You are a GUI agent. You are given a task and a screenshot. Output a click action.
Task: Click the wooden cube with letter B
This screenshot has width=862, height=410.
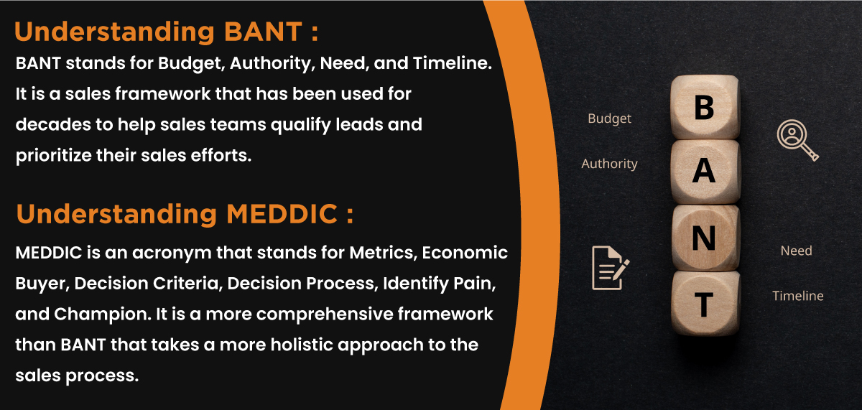pyautogui.click(x=704, y=108)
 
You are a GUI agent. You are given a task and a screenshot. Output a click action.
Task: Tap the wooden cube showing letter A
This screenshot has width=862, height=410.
pyautogui.click(x=704, y=172)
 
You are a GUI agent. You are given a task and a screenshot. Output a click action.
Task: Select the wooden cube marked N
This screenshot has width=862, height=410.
pyautogui.click(x=704, y=238)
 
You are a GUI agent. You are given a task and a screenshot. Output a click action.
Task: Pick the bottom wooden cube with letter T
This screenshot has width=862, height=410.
pyautogui.click(x=704, y=304)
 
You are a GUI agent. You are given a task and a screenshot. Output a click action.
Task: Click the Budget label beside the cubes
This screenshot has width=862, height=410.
pyautogui.click(x=609, y=119)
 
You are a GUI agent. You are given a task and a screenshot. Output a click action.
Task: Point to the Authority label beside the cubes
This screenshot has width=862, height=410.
pyautogui.click(x=609, y=164)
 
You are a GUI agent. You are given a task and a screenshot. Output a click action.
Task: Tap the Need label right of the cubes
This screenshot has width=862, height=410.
pyautogui.click(x=796, y=251)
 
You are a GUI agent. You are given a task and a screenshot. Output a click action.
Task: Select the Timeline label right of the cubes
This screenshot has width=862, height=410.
pyautogui.click(x=797, y=296)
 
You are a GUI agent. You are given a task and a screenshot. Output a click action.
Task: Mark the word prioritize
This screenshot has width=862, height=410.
pyautogui.click(x=53, y=156)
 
